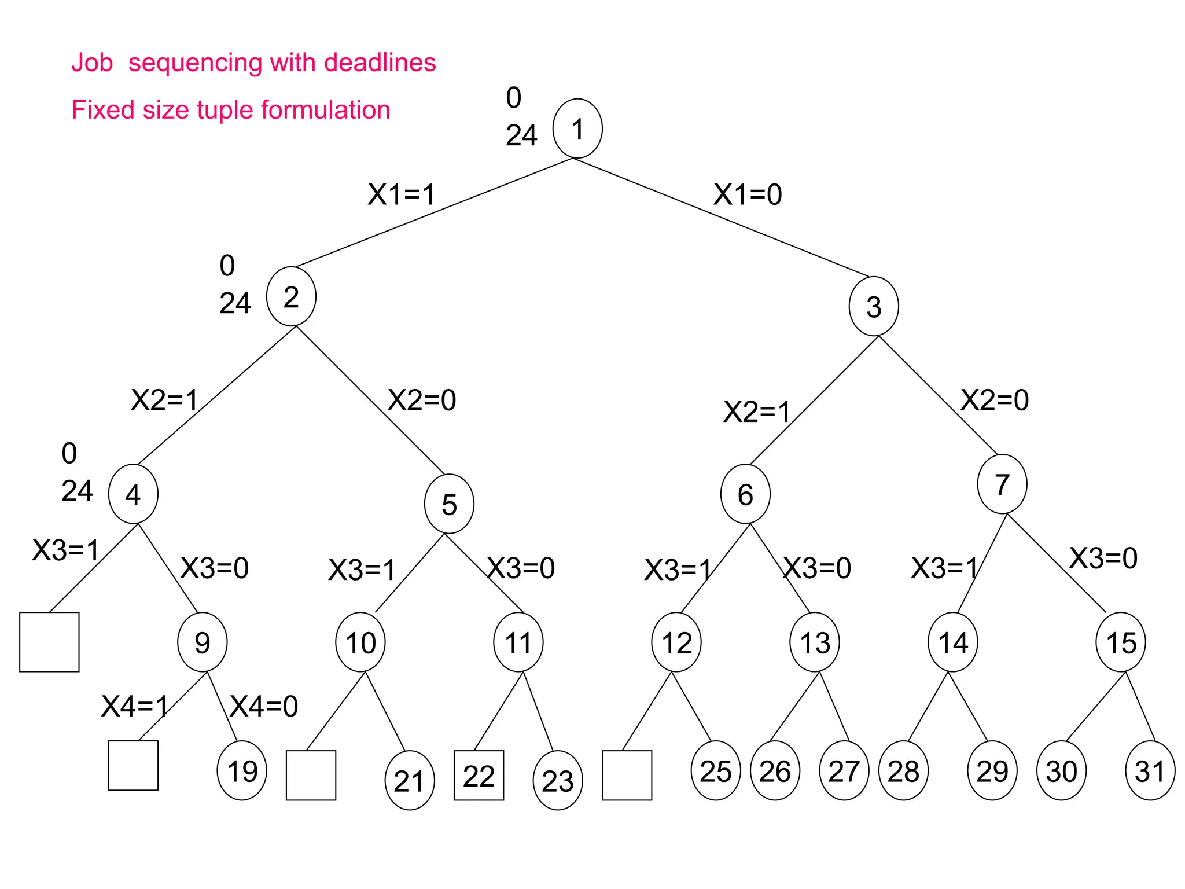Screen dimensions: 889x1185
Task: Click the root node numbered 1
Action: point(577,128)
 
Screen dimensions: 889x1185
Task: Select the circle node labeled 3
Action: point(873,306)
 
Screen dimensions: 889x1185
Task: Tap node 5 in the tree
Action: point(449,504)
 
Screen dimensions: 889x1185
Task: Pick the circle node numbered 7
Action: point(1002,484)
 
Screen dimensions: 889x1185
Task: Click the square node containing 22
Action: point(479,776)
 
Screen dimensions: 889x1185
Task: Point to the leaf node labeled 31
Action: point(1150,770)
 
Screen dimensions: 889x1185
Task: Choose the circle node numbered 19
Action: point(242,770)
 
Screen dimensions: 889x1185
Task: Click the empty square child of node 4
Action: point(49,642)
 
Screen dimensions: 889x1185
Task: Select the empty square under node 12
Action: point(627,776)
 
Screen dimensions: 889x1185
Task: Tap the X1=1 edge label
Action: point(401,194)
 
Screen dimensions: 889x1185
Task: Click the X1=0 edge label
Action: point(747,194)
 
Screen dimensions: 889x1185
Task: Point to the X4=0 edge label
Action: point(264,706)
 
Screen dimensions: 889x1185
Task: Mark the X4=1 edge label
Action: point(134,706)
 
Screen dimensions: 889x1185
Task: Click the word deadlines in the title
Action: point(380,63)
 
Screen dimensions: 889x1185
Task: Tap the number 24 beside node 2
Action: point(235,303)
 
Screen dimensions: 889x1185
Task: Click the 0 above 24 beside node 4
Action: point(69,453)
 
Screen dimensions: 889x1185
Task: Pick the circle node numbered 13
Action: point(814,642)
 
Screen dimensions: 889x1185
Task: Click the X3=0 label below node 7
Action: point(1103,558)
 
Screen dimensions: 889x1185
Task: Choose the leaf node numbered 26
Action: point(775,770)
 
